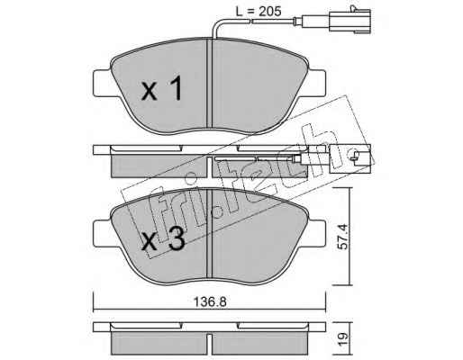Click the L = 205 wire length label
[259, 11]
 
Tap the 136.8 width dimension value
[210, 302]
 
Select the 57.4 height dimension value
[342, 237]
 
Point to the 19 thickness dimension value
[342, 338]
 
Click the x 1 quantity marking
[162, 88]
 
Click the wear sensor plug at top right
[350, 21]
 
